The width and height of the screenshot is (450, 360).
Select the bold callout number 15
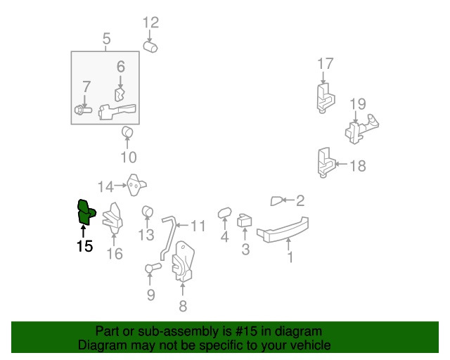click(x=84, y=246)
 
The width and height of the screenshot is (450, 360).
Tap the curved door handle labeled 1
click(x=283, y=230)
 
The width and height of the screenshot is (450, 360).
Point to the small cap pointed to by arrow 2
click(x=276, y=201)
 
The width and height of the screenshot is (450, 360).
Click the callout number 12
click(x=150, y=22)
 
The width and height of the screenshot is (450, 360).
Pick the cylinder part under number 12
click(x=150, y=47)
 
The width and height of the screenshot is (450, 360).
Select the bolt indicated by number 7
click(x=83, y=110)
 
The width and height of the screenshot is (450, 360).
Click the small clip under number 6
click(x=120, y=95)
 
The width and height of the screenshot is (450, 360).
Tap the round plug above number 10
click(x=127, y=132)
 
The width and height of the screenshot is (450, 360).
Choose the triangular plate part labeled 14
click(x=136, y=185)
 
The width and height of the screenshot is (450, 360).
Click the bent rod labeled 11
click(x=169, y=238)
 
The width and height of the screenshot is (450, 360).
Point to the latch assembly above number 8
click(x=183, y=262)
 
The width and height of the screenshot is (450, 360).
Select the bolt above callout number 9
click(x=153, y=268)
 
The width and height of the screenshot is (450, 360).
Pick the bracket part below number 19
click(x=361, y=129)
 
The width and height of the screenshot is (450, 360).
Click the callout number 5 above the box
click(x=106, y=39)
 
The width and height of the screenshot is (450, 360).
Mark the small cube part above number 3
click(x=244, y=221)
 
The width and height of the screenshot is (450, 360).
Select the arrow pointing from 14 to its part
click(x=120, y=186)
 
